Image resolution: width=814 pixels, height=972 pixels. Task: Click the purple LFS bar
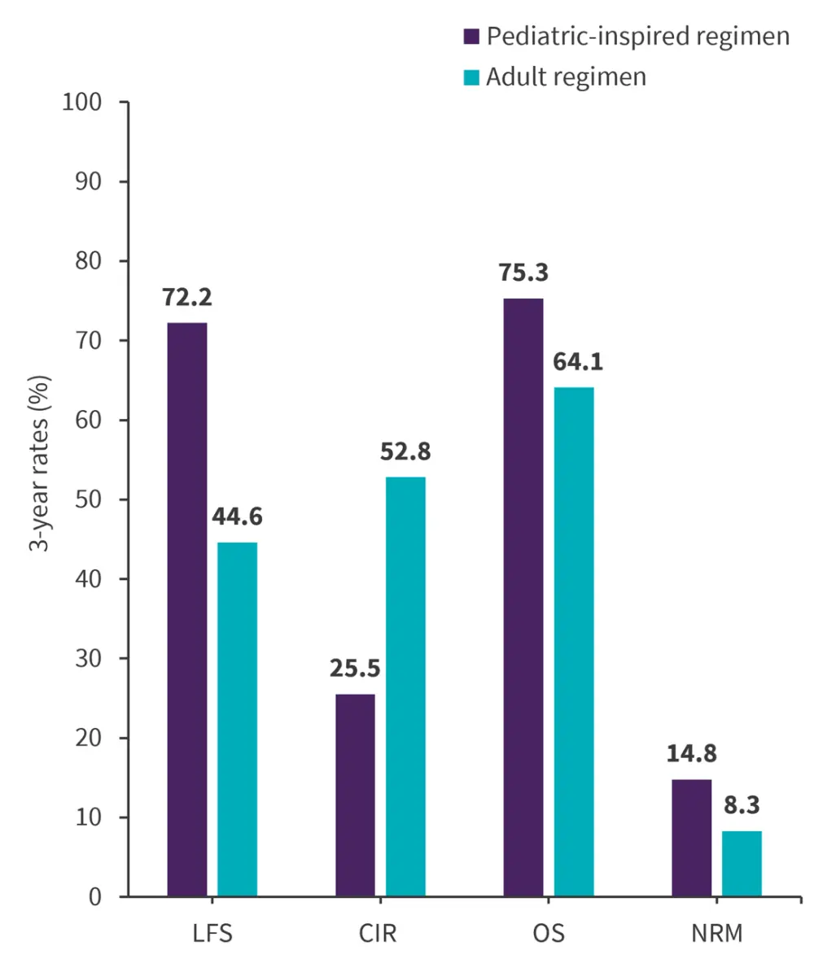tap(186, 609)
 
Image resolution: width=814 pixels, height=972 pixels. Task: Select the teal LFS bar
tap(237, 719)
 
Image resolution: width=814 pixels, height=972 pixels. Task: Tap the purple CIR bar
tap(355, 795)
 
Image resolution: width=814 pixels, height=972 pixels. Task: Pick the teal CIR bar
tap(405, 687)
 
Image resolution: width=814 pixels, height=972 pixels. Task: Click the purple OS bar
tap(523, 597)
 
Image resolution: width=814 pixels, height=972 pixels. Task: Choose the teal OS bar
tap(574, 642)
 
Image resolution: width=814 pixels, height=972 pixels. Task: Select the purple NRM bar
tap(691, 838)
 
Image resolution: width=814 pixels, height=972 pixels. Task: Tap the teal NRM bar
tap(742, 863)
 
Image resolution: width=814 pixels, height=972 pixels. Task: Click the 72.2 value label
tap(186, 298)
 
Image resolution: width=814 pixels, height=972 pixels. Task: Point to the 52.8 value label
tap(405, 451)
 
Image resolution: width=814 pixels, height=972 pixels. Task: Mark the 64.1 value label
tap(574, 362)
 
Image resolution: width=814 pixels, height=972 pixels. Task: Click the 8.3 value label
tap(742, 805)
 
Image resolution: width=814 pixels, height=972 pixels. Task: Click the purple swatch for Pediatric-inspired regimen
tap(471, 37)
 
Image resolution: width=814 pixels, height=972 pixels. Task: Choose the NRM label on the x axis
tap(716, 932)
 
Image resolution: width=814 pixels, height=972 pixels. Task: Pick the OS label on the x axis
tap(548, 932)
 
